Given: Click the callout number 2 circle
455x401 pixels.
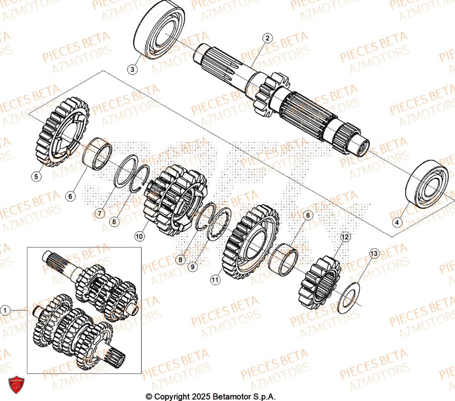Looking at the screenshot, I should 268,38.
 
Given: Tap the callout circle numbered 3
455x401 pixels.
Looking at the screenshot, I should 132,70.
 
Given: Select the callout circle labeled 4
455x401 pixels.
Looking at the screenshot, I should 397,222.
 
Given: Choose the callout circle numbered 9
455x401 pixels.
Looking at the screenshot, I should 193,267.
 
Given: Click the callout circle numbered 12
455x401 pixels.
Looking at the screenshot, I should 344,237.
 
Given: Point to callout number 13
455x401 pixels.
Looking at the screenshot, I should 374,253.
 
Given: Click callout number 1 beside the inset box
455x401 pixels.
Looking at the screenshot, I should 5,310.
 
